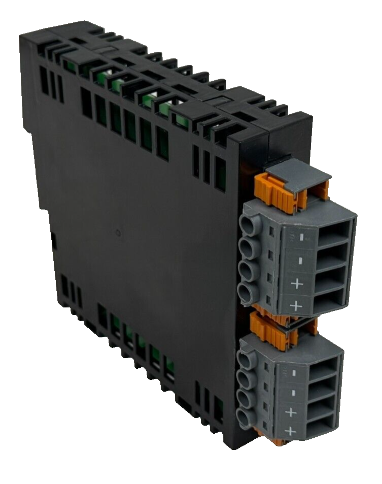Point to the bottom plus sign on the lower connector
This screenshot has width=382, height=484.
click(291, 431)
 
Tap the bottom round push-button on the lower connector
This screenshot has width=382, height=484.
click(244, 418)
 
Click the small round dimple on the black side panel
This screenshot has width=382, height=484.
click(118, 234)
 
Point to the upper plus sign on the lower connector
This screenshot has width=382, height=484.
click(291, 411)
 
